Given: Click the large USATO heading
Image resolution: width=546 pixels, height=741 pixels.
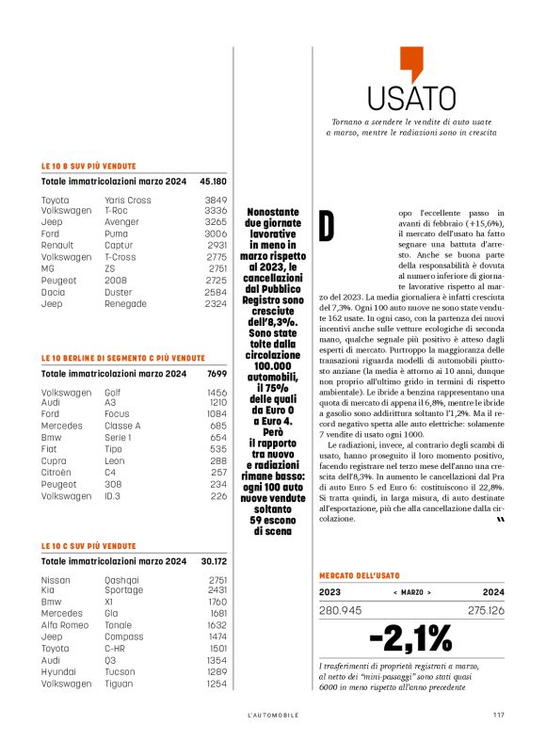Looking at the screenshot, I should [x=411, y=98].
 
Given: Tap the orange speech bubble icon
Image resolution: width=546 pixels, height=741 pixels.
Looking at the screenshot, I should [x=411, y=63].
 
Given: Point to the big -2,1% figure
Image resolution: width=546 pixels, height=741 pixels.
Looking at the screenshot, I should [x=411, y=638].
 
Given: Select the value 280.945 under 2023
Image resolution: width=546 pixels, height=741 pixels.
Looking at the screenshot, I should [x=342, y=611].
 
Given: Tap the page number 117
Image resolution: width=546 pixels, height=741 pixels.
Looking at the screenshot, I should [x=499, y=715].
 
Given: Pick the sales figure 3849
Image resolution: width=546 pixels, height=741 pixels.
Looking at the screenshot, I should [x=216, y=201].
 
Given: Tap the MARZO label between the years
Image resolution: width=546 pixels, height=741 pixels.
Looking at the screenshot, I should [x=411, y=592].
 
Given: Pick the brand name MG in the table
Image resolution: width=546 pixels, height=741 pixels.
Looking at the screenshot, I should [x=48, y=268].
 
